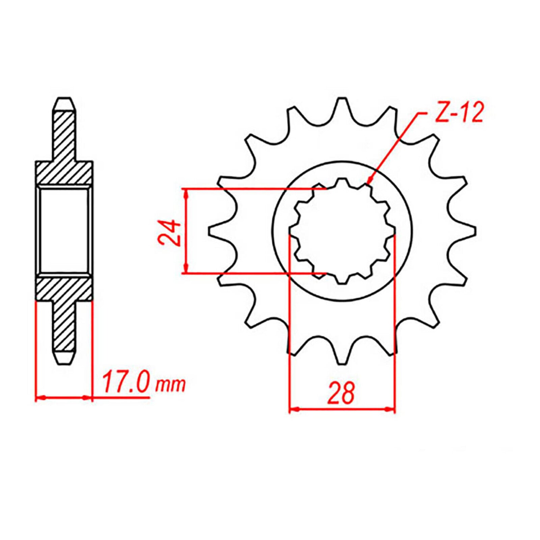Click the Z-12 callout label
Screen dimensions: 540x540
click(x=459, y=112)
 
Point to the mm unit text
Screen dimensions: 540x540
click(x=170, y=385)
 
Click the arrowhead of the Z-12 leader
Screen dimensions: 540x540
click(x=370, y=181)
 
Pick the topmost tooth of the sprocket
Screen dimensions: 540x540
click(x=342, y=105)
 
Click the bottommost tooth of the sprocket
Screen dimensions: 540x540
click(x=342, y=357)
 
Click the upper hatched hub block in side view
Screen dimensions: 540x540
click(x=64, y=173)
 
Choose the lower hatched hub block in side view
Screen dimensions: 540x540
click(x=64, y=289)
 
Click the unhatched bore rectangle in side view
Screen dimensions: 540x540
click(x=64, y=231)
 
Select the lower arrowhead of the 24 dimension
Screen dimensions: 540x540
click(x=185, y=269)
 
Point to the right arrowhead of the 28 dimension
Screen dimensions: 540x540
click(x=390, y=410)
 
